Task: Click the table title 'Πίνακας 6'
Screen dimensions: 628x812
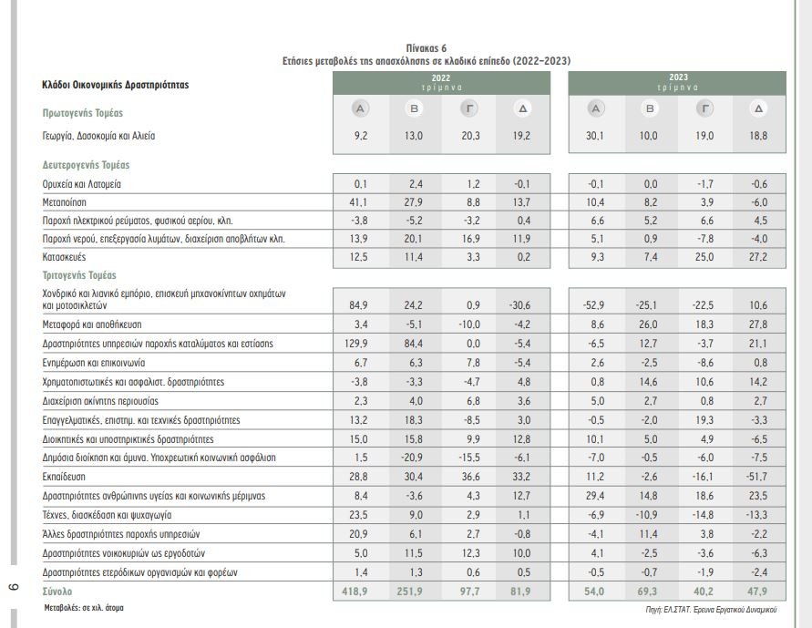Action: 427,47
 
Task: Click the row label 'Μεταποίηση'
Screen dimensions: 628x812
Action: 66,201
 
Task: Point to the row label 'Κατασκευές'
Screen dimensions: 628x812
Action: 66,257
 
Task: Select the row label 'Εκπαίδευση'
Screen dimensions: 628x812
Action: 66,477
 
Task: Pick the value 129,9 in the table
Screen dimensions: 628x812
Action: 359,344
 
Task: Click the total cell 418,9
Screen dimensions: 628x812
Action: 359,592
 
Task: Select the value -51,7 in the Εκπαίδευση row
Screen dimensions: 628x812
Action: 758,477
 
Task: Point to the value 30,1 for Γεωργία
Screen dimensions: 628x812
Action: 595,136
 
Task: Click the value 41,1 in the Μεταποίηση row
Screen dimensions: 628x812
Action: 359,201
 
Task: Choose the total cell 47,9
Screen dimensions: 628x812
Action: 758,592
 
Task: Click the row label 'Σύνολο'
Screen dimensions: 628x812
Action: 57,592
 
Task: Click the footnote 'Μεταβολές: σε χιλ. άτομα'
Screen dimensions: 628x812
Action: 85,606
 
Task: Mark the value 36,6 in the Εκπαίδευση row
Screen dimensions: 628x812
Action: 468,477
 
